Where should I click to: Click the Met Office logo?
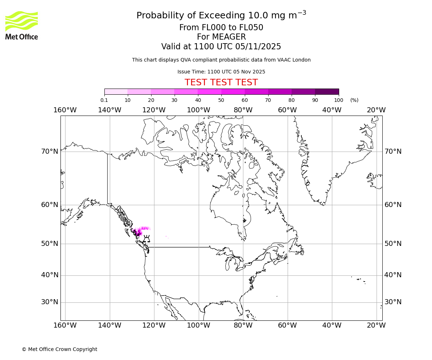[x=22, y=25]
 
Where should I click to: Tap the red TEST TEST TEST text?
[x=221, y=82]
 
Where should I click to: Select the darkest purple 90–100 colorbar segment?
[x=327, y=91]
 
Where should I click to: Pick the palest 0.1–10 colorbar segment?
[x=116, y=91]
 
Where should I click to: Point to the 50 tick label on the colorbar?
[x=221, y=100]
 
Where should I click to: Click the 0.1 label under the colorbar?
[x=104, y=100]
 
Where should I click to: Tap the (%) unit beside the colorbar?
[x=354, y=100]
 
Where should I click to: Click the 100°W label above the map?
[x=198, y=110]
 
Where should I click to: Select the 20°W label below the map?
[x=376, y=325]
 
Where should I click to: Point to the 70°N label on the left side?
[x=49, y=152]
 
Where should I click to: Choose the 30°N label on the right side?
[x=393, y=302]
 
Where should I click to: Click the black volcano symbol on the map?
[x=147, y=239]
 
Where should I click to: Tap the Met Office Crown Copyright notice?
[x=59, y=349]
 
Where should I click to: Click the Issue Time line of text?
[x=221, y=72]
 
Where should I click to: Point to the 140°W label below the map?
[x=109, y=325]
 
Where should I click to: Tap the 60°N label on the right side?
[x=393, y=205]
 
